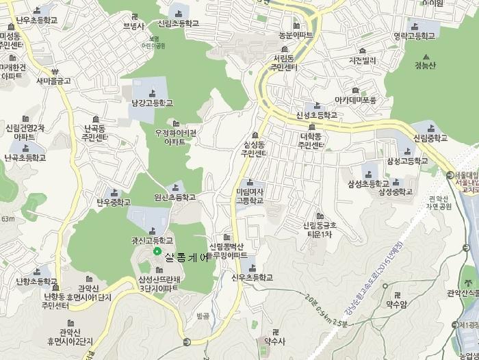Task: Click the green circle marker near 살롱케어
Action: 157,252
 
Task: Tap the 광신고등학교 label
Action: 153,240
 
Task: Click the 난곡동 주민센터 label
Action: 95,132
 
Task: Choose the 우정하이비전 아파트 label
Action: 176,137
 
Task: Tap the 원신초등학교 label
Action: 174,197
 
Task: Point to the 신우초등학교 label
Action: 252,277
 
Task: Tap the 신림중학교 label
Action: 430,138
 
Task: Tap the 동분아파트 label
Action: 296,34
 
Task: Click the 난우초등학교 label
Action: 36,21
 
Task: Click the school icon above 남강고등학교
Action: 152,91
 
